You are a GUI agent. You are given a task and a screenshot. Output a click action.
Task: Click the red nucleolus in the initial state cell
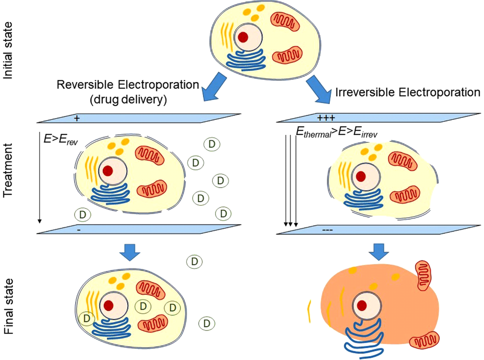243,37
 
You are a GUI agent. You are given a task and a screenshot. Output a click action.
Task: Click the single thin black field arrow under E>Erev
39,179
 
